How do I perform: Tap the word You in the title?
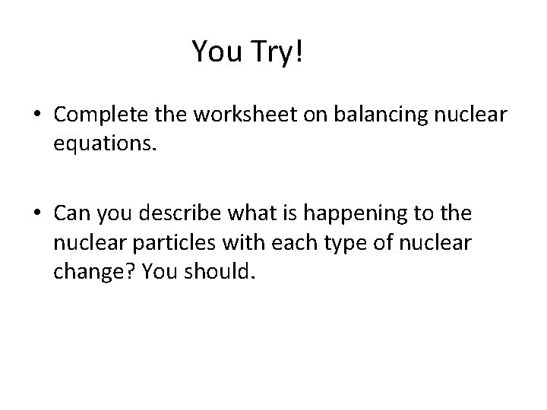[215, 52]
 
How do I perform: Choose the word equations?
[105, 143]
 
